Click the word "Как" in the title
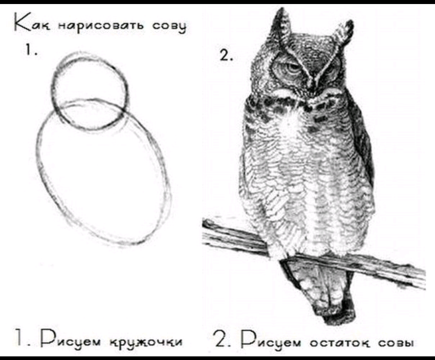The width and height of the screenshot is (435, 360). (32, 26)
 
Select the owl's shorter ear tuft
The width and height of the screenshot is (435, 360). (344, 32)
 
